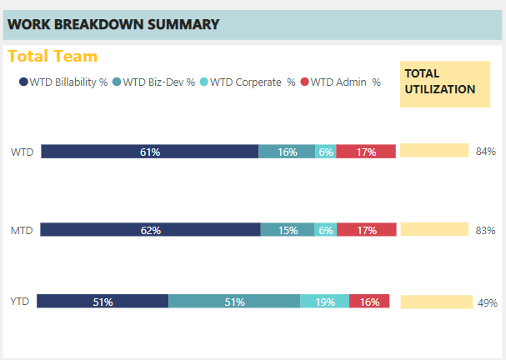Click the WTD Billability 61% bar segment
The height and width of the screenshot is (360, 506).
(x=150, y=152)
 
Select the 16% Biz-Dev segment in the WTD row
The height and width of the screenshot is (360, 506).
(x=287, y=152)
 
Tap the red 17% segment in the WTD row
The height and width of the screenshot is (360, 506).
(x=366, y=152)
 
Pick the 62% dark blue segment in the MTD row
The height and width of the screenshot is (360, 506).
(x=150, y=230)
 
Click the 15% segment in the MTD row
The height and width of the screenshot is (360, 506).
(x=288, y=230)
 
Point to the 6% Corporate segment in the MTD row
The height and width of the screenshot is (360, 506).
(x=326, y=230)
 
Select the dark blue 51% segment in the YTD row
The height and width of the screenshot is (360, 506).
(x=103, y=302)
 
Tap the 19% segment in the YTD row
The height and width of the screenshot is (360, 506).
(x=324, y=302)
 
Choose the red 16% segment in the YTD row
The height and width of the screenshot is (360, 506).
(x=369, y=302)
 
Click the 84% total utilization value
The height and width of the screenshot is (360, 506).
(x=486, y=152)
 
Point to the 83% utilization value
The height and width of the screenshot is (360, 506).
(x=485, y=230)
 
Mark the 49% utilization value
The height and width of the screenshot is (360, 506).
(x=488, y=302)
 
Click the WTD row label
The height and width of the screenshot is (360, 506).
(x=22, y=152)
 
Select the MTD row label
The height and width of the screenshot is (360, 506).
(x=22, y=230)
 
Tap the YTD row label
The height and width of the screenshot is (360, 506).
(x=20, y=302)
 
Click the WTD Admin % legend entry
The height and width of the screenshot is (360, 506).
(x=340, y=82)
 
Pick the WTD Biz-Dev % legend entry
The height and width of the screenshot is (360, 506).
(x=153, y=82)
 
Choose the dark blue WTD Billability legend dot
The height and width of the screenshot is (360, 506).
(x=23, y=82)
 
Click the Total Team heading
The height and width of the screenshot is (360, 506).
(x=53, y=56)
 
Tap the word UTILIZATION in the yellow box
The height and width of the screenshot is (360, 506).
(x=440, y=89)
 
